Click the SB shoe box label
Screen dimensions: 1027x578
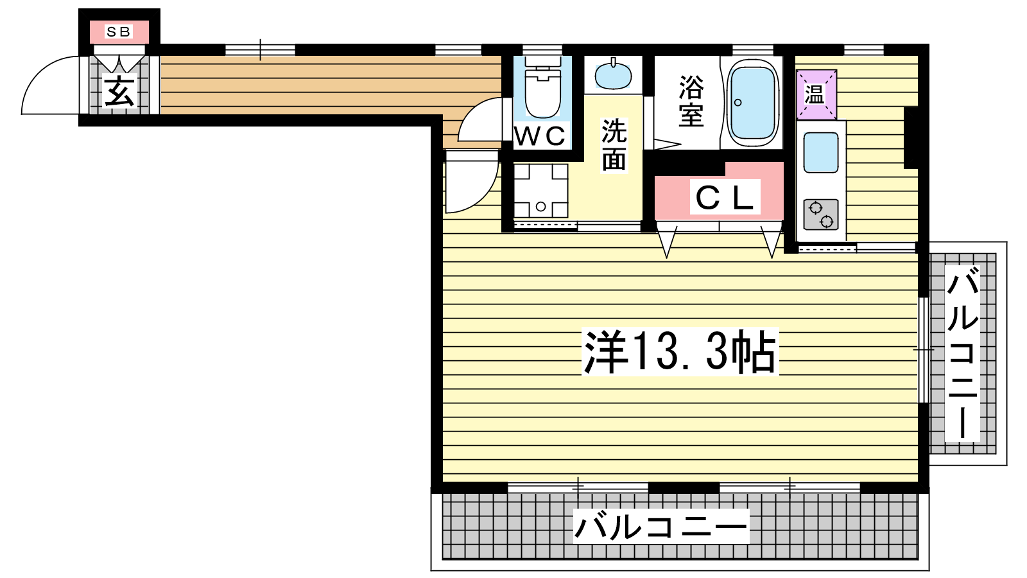pyautogui.click(x=119, y=31)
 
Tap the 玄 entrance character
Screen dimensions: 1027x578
pyautogui.click(x=119, y=91)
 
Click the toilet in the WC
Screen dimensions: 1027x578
pyautogui.click(x=543, y=91)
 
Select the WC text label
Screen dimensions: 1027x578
pyautogui.click(x=540, y=136)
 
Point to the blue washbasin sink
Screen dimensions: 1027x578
pyautogui.click(x=612, y=76)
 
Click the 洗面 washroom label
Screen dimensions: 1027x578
pyautogui.click(x=614, y=144)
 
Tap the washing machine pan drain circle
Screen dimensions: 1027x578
pyautogui.click(x=541, y=206)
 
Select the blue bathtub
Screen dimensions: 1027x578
pyautogui.click(x=752, y=103)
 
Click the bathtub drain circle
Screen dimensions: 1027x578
pyautogui.click(x=738, y=102)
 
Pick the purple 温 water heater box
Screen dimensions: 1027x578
pyautogui.click(x=816, y=94)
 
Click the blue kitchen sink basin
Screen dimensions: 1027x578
pyautogui.click(x=821, y=152)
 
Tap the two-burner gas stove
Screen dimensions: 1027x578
pyautogui.click(x=821, y=215)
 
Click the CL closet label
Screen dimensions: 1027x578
pyautogui.click(x=725, y=198)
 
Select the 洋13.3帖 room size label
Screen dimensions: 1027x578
pyautogui.click(x=680, y=351)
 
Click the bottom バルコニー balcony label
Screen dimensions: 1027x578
pyautogui.click(x=660, y=527)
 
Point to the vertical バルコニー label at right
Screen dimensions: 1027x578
pyautogui.click(x=962, y=354)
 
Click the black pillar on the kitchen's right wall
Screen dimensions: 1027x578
pyautogui.click(x=911, y=137)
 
